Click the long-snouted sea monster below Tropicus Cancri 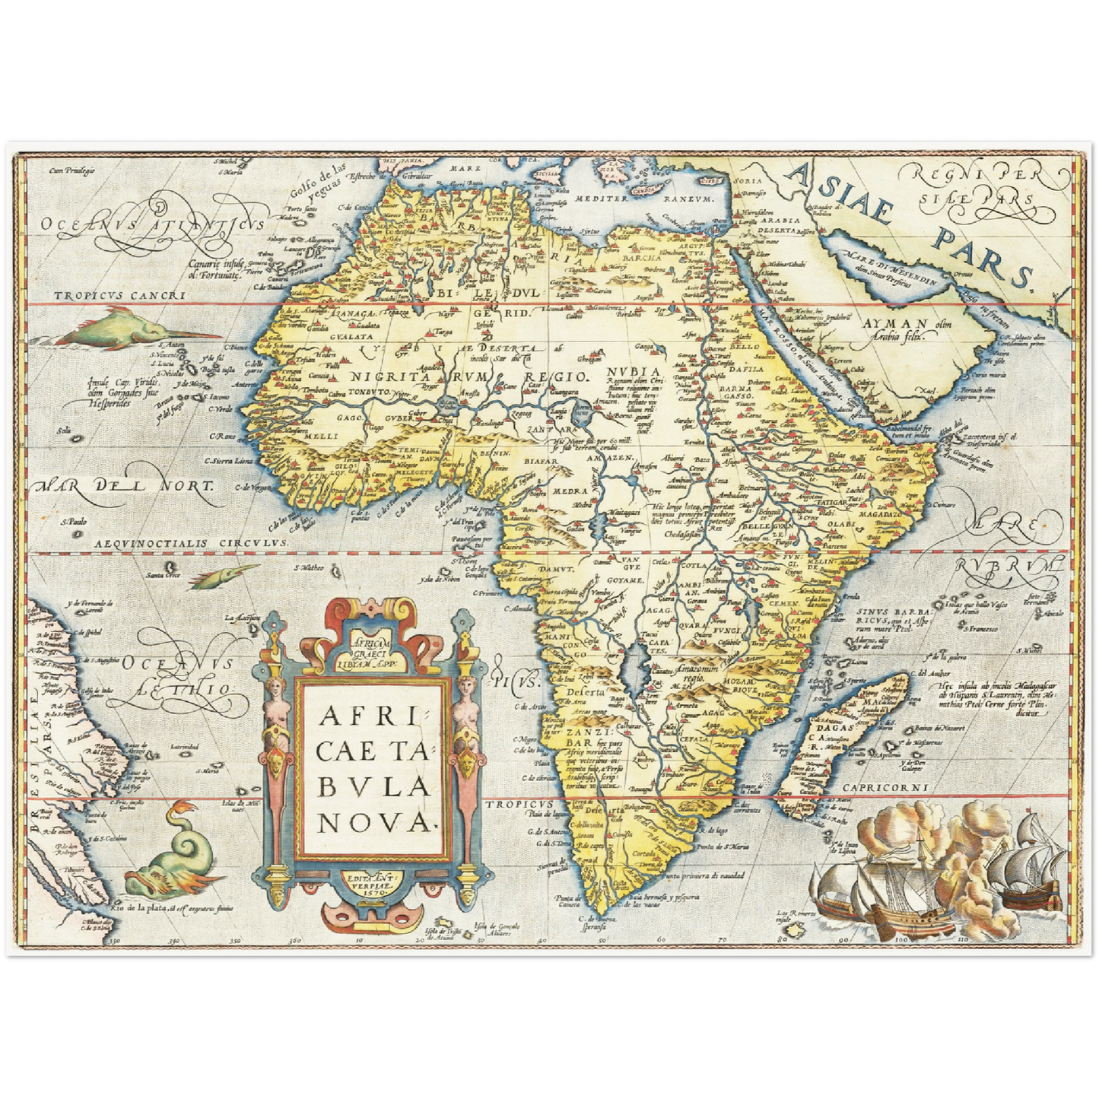(134, 328)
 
